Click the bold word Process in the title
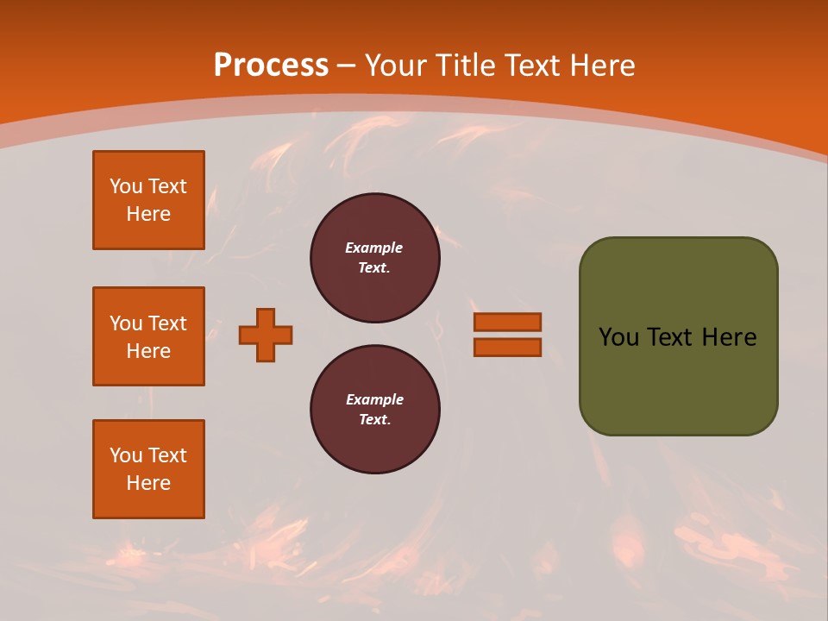271,66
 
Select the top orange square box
148,200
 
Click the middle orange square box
148,336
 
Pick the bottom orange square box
148,469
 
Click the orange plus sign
266,335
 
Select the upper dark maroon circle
375,258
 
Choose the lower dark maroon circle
375,410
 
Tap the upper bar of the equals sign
507,322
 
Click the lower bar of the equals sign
507,348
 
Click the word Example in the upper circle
374,248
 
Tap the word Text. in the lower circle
374,420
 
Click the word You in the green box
618,337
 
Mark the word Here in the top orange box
148,214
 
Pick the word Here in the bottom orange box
148,483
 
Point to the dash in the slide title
347,66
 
